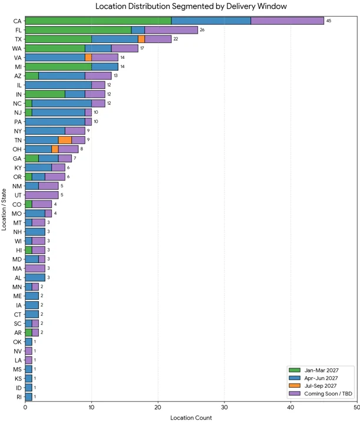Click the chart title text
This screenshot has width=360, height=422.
tap(191, 6)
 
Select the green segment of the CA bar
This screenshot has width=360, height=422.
tap(98, 21)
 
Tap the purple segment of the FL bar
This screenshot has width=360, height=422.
tap(171, 30)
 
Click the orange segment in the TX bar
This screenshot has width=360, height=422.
tap(141, 39)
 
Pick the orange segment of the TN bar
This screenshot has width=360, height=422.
tap(65, 140)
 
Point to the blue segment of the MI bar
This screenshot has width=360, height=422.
tap(105, 67)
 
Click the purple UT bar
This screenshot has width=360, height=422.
tap(42, 195)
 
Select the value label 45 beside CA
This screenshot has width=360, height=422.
tap(329, 21)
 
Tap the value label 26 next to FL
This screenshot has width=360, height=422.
tap(202, 30)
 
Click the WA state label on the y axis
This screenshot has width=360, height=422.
tap(16, 48)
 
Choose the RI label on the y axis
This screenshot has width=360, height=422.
tap(19, 397)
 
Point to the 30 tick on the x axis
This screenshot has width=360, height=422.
tap(224, 407)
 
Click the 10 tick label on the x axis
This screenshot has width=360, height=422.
tap(91, 407)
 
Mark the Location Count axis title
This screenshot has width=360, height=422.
tap(191, 418)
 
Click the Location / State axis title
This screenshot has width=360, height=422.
tap(4, 210)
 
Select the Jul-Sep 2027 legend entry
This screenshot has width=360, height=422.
tap(313, 385)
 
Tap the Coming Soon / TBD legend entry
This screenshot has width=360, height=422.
tap(321, 394)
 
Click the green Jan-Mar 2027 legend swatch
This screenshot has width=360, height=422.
tap(295, 370)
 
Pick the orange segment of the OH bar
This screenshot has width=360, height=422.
tap(55, 149)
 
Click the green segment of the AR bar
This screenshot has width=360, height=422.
tap(28, 332)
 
